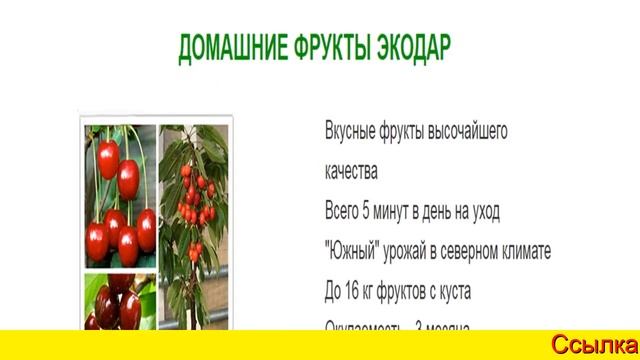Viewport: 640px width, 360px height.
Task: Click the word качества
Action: pos(351,171)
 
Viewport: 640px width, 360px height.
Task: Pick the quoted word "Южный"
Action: pos(351,251)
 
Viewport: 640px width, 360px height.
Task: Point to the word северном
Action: pos(490,251)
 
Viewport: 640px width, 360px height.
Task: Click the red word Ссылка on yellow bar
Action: pos(593,345)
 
